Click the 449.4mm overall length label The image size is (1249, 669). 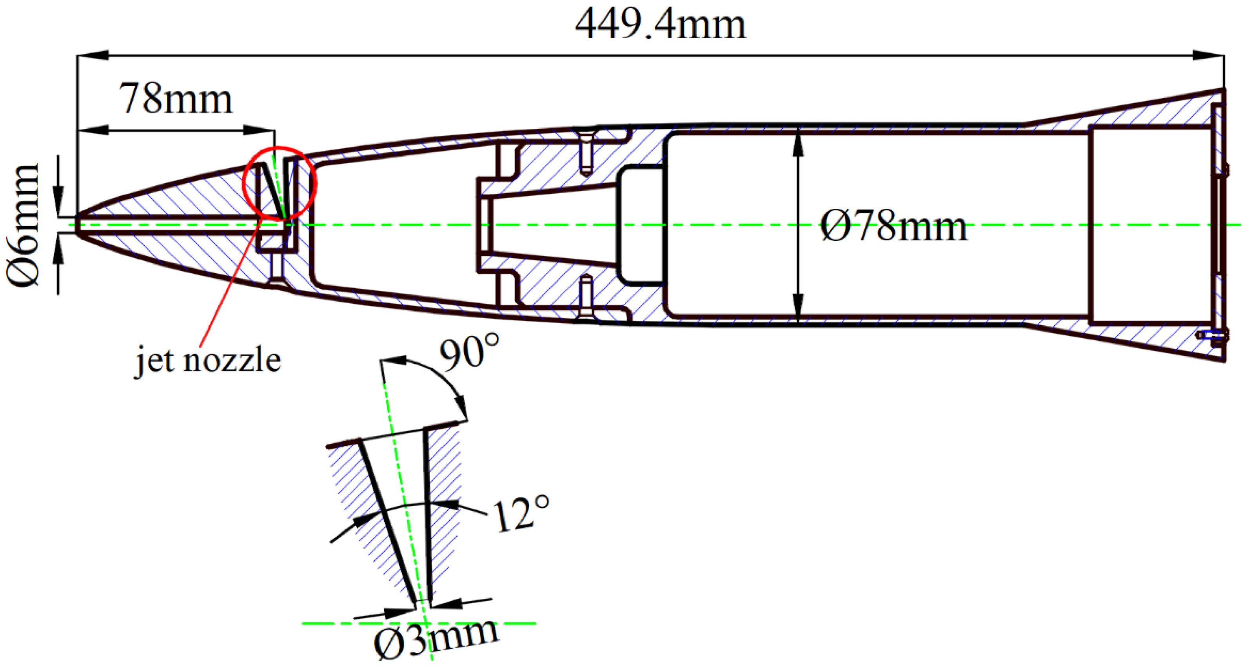pyautogui.click(x=659, y=25)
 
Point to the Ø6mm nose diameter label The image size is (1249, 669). pyautogui.click(x=23, y=225)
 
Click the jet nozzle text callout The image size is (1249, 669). pyautogui.click(x=207, y=361)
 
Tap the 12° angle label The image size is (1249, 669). pyautogui.click(x=521, y=514)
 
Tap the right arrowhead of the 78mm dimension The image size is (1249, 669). pyautogui.click(x=260, y=130)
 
